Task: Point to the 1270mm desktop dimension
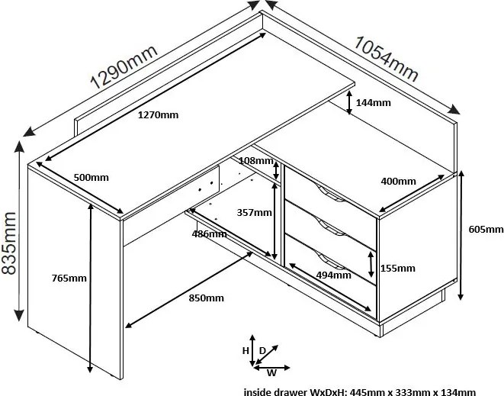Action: click(x=159, y=115)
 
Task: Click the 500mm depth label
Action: click(x=91, y=177)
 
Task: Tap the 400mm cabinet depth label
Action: click(x=399, y=182)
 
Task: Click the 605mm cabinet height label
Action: click(x=484, y=229)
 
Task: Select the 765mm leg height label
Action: click(x=69, y=278)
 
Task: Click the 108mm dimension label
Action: click(x=255, y=161)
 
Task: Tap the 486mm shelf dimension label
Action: click(x=208, y=233)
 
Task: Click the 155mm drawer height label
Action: click(x=397, y=268)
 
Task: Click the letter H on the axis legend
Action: click(x=246, y=350)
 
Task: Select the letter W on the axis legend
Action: click(x=271, y=373)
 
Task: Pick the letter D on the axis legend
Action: click(x=263, y=350)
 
